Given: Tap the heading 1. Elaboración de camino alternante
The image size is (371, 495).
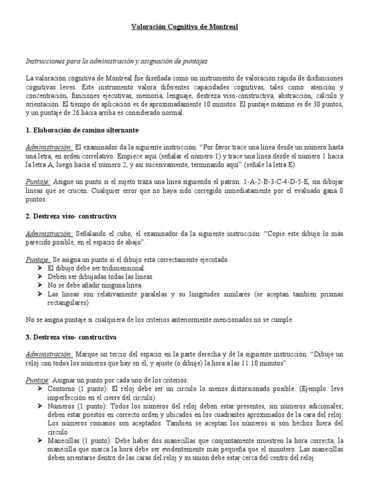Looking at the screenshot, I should pyautogui.click(x=82, y=131).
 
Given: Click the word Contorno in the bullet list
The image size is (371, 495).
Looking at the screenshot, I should pyautogui.click(x=61, y=389).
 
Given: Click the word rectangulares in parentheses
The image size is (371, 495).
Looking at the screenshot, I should pyautogui.click(x=68, y=303).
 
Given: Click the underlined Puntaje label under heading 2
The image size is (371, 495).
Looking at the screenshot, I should pyautogui.click(x=37, y=260).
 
